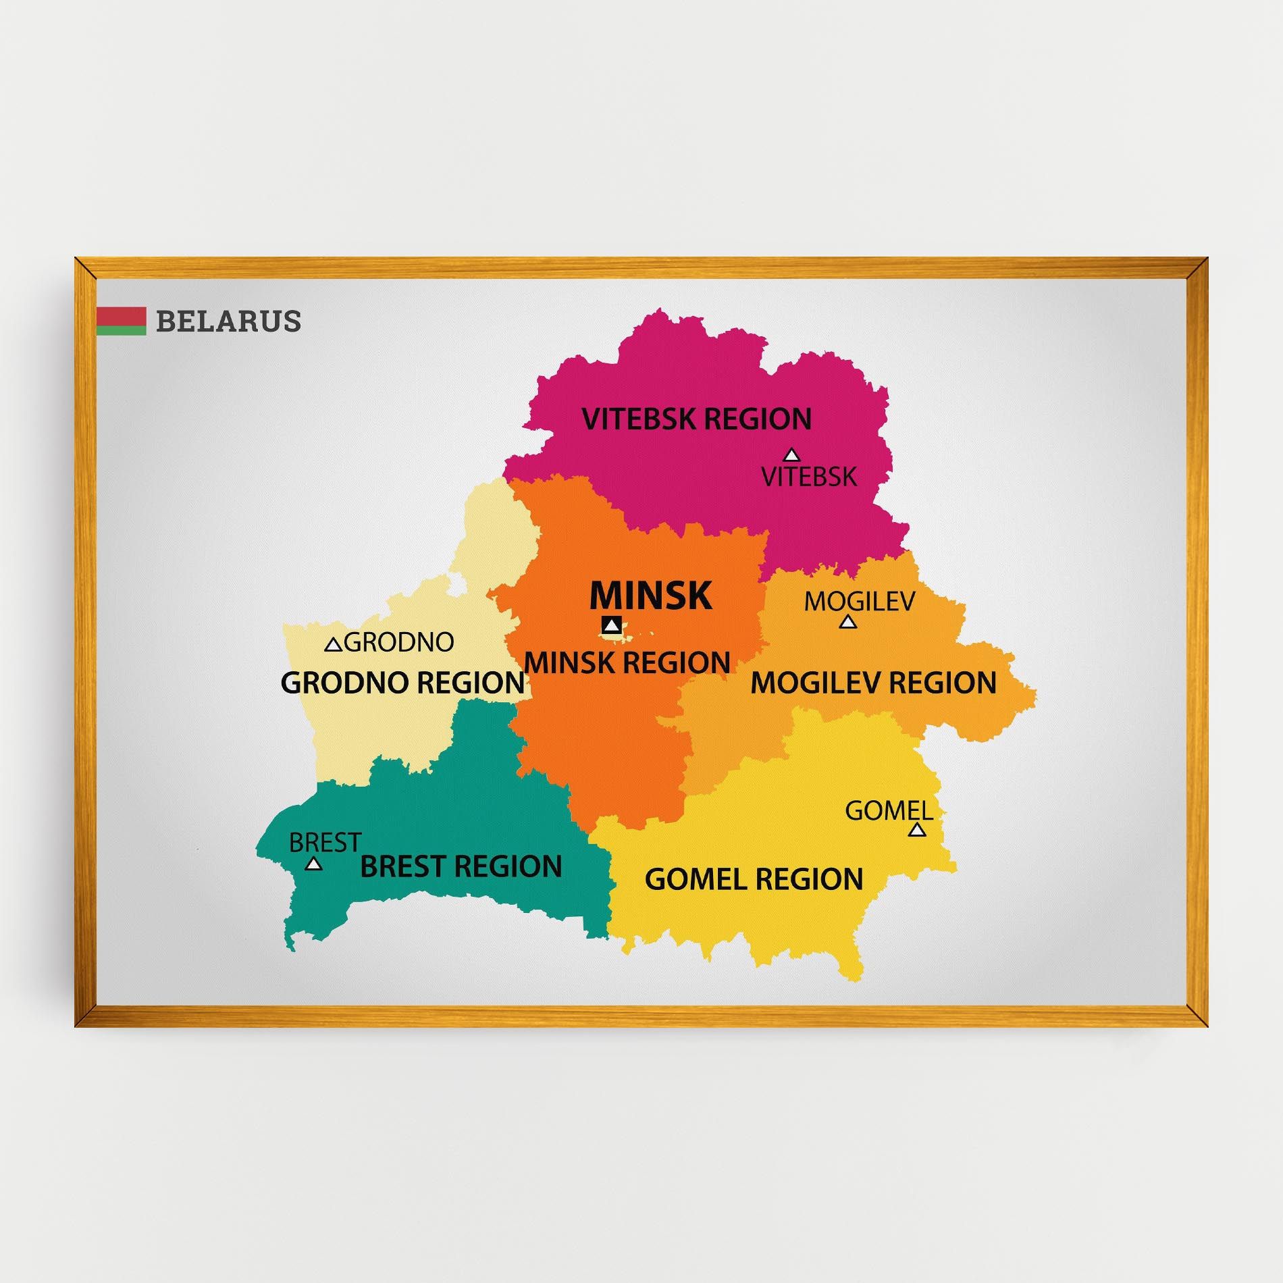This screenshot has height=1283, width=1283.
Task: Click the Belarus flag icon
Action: tap(121, 321)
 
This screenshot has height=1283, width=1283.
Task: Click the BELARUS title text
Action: tap(228, 321)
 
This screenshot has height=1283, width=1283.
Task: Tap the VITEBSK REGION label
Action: tap(696, 419)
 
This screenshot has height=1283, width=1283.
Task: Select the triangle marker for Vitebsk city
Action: tap(791, 455)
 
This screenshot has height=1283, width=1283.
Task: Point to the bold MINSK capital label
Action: tap(650, 596)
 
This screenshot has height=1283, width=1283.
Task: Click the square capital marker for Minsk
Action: tap(612, 625)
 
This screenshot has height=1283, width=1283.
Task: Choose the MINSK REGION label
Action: tap(627, 662)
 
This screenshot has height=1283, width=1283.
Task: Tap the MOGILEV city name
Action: tap(859, 600)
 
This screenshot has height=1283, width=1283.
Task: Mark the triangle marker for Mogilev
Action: tap(848, 622)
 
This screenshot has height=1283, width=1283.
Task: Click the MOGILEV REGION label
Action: tap(873, 683)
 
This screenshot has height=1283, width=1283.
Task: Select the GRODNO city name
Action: tap(399, 642)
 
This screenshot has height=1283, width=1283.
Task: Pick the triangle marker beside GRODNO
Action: tap(333, 645)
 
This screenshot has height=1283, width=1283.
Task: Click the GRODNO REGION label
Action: tap(402, 683)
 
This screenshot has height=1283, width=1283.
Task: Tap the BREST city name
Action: tap(325, 843)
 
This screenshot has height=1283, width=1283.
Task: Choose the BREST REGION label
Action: tap(461, 866)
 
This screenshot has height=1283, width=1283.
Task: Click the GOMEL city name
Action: tap(889, 810)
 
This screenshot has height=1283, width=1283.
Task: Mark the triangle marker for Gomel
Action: tap(916, 830)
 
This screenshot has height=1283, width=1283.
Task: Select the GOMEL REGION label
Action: tap(754, 879)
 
